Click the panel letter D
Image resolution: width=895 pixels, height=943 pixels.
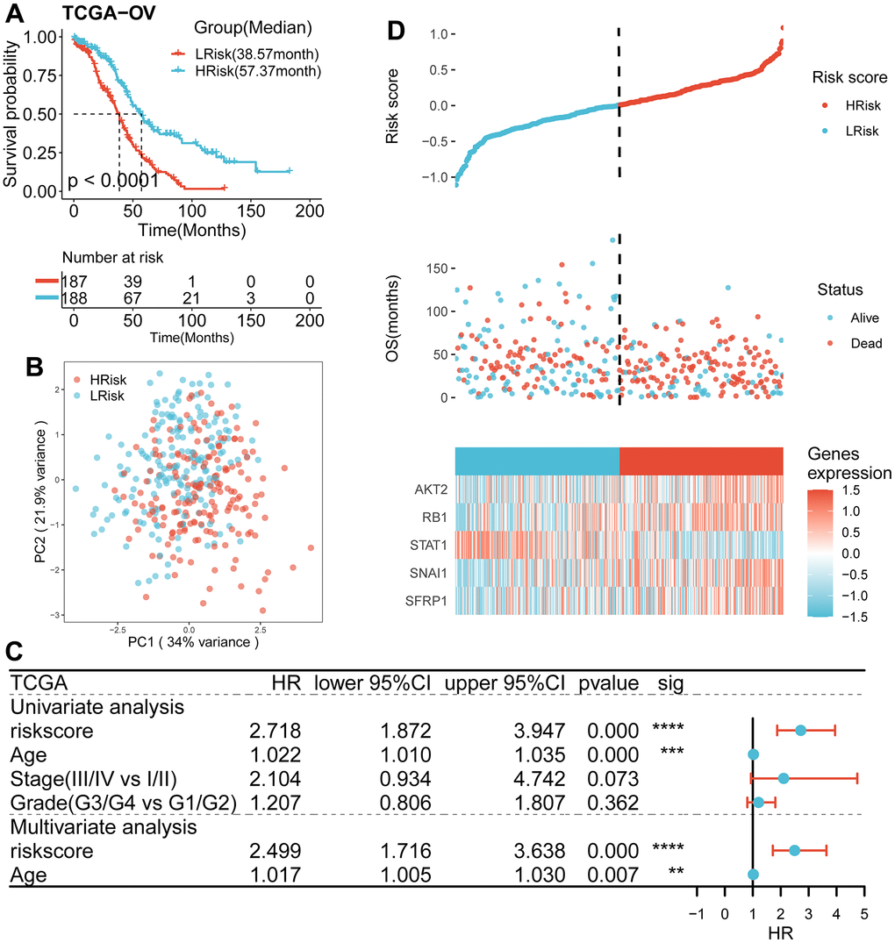(x=397, y=32)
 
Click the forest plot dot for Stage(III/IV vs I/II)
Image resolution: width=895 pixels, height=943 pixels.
(x=784, y=778)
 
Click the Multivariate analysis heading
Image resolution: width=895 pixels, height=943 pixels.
(x=104, y=825)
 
